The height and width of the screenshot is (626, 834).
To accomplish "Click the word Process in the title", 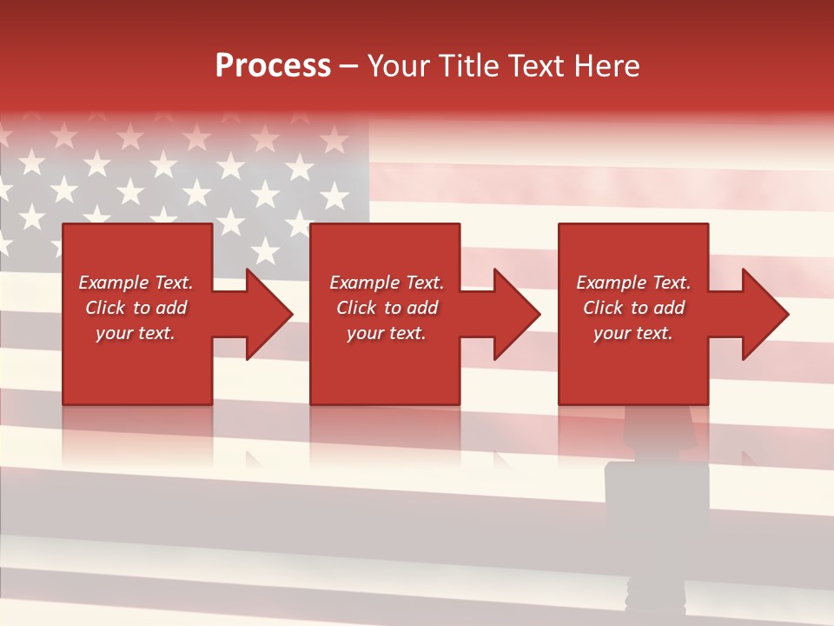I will [273, 66].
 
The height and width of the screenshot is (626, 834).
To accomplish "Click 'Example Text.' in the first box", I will [136, 283].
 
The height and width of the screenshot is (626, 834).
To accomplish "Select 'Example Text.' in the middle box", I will [387, 283].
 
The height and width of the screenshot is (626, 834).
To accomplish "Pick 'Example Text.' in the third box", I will [633, 283].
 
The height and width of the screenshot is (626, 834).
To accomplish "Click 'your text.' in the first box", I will [136, 333].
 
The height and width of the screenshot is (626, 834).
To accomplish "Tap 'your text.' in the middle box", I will [387, 333].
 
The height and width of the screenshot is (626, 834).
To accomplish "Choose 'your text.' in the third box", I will [633, 333].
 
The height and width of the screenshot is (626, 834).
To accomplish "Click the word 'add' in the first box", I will [170, 308].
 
